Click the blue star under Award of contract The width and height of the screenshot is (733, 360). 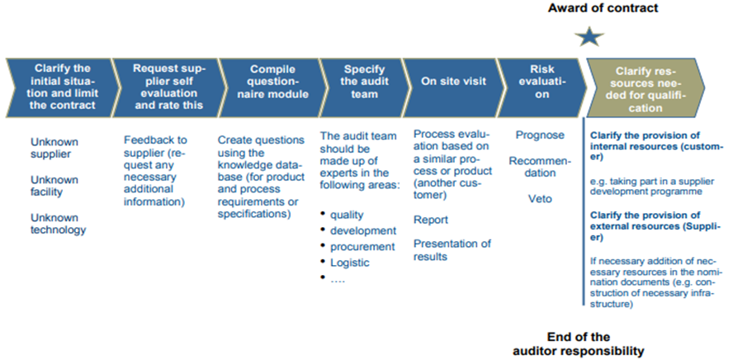point(591,37)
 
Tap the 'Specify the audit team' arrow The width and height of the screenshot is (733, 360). point(359,81)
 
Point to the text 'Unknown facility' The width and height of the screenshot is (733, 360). point(55,186)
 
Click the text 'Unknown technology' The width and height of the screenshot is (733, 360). point(58,224)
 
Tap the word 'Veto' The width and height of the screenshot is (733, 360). point(541,199)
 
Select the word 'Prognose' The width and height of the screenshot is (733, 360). point(540,134)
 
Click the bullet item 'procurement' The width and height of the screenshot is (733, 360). point(362,246)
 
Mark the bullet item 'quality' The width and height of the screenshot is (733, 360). point(347,214)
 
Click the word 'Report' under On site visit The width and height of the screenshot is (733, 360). point(431,220)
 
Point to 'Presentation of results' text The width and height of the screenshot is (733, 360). point(452,249)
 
